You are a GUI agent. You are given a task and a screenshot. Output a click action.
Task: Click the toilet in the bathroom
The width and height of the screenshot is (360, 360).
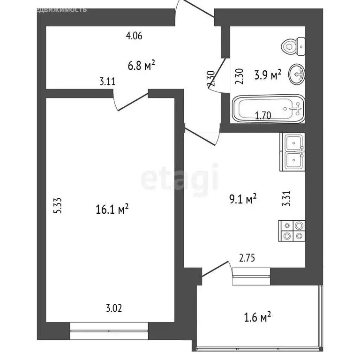point(293,46)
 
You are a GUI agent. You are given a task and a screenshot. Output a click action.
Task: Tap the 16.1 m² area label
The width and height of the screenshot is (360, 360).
point(112,209)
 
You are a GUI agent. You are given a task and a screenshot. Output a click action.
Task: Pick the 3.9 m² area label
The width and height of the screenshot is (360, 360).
point(267,75)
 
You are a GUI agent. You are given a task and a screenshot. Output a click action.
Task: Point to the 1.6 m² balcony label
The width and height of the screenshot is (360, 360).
point(258,318)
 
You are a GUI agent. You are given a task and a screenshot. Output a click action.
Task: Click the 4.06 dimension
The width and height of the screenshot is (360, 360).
point(134,35)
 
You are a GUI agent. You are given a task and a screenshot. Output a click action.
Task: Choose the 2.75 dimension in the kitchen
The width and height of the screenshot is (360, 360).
point(247,257)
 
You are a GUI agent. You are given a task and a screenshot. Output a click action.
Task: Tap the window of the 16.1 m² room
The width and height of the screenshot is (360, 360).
point(109,331)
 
